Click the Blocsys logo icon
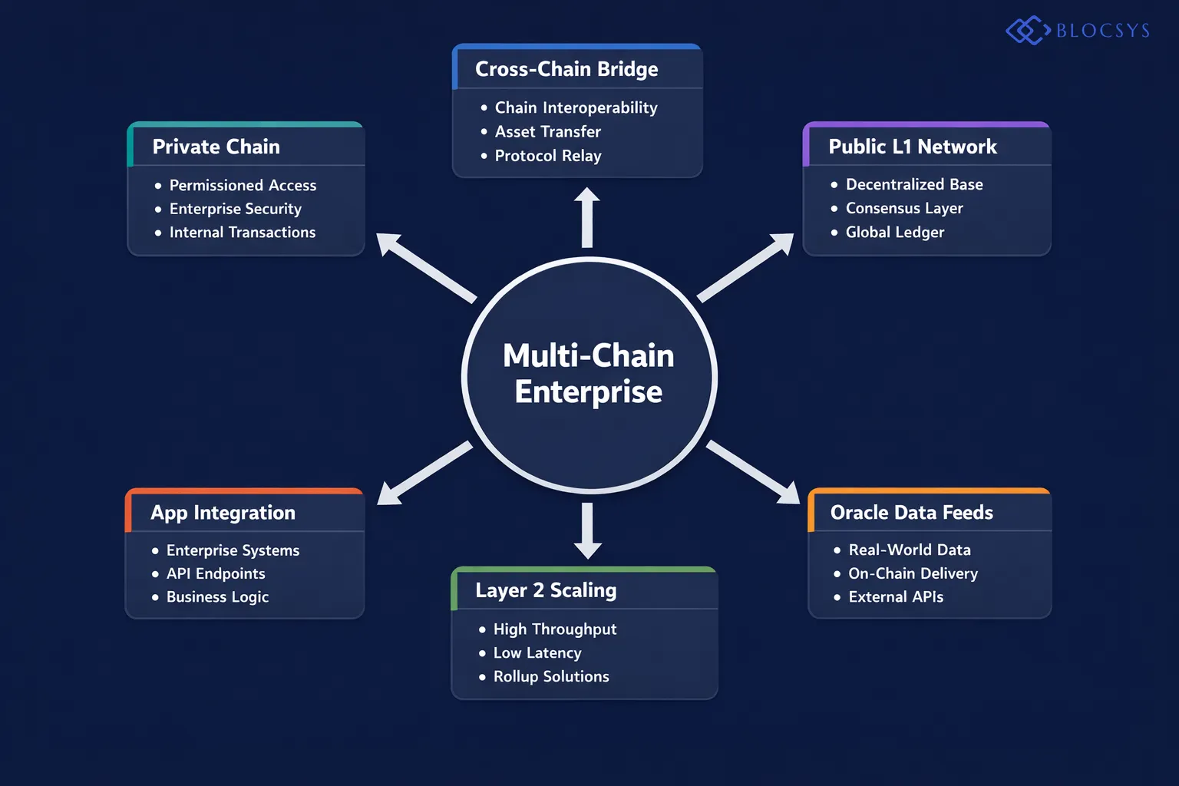point(1027,31)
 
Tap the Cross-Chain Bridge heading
point(566,69)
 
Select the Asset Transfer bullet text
point(547,132)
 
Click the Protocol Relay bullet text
point(547,156)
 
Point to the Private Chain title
point(216,147)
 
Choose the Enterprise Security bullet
point(235,209)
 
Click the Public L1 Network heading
point(912,147)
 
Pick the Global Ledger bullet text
point(894,232)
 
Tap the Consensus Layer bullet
point(903,208)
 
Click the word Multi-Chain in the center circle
point(588,356)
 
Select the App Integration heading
point(223,513)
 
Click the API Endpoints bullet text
point(216,573)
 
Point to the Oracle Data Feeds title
point(911,513)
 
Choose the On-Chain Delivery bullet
point(913,573)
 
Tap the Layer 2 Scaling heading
point(546,590)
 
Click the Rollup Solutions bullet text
point(550,676)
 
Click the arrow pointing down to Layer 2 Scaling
point(587,530)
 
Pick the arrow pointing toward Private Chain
point(426,267)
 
